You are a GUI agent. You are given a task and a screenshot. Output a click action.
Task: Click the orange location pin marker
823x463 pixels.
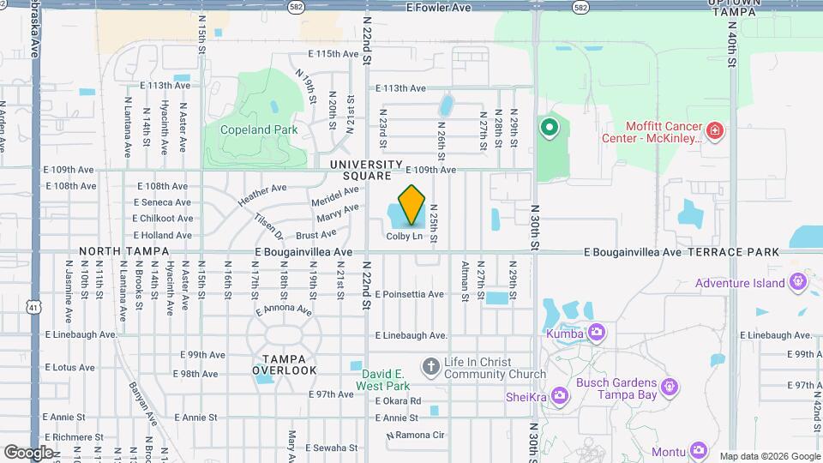pyautogui.click(x=412, y=205)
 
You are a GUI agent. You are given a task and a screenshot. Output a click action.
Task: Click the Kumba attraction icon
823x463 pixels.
pyautogui.click(x=598, y=333)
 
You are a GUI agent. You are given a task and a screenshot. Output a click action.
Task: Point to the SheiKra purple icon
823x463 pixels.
pyautogui.click(x=560, y=394)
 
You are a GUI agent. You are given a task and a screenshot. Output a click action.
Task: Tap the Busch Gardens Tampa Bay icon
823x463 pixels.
pyautogui.click(x=671, y=388)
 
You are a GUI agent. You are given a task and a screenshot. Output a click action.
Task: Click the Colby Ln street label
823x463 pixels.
pyautogui.click(x=404, y=236)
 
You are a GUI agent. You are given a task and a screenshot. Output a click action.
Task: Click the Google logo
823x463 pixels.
pyautogui.click(x=29, y=452)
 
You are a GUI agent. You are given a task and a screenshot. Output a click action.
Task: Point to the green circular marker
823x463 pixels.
pyautogui.click(x=549, y=129)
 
